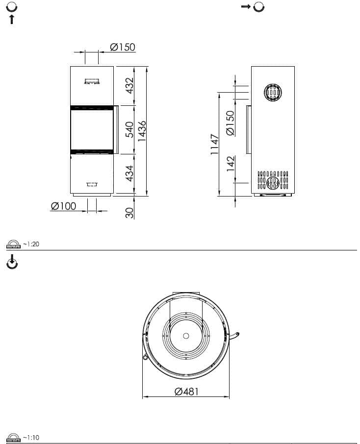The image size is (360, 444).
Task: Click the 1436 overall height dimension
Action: [141, 131]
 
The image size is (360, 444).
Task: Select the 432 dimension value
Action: [129, 86]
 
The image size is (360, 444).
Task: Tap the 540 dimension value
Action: [129, 130]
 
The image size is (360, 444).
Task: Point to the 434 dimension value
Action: [129, 173]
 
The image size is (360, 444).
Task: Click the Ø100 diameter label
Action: [63, 206]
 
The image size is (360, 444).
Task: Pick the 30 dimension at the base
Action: [129, 213]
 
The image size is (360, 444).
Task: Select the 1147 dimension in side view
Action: [215, 145]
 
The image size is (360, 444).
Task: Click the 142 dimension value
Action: [231, 163]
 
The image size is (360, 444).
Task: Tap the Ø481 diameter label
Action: [187, 392]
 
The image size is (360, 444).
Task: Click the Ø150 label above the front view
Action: [123, 47]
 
